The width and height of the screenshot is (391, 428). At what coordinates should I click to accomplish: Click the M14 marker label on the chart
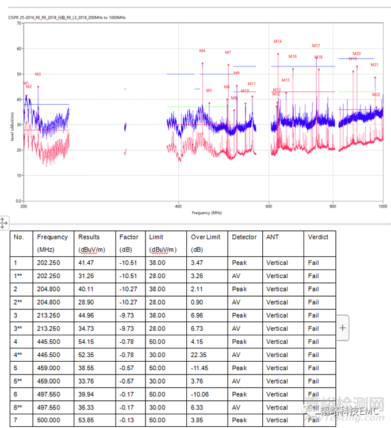pyautogui.click(x=278, y=41)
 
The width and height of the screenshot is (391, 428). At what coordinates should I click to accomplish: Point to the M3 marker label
pyautogui.click(x=38, y=74)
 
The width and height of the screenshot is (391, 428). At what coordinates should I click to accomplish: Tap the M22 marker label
pyautogui.click(x=376, y=94)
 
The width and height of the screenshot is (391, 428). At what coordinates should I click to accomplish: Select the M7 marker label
pyautogui.click(x=228, y=52)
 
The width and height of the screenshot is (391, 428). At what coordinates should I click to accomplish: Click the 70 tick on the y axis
pyautogui.click(x=19, y=23)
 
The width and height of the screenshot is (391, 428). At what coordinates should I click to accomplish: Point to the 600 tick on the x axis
pyautogui.click(x=269, y=206)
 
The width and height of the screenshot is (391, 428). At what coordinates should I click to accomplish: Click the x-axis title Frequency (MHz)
pyautogui.click(x=207, y=213)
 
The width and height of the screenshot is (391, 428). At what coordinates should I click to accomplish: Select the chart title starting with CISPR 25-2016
pyautogui.click(x=67, y=17)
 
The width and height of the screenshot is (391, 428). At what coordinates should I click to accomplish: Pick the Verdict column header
pyautogui.click(x=318, y=237)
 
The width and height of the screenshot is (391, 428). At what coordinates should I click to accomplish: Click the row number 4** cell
pyautogui.click(x=20, y=355)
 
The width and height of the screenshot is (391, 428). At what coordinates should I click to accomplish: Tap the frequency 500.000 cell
pyautogui.click(x=48, y=421)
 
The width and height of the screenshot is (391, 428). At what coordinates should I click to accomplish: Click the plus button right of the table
pyautogui.click(x=343, y=328)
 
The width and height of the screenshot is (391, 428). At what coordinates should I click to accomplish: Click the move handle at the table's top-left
pyautogui.click(x=3, y=223)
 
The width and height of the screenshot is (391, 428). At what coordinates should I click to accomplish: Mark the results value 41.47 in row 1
pyautogui.click(x=87, y=263)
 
